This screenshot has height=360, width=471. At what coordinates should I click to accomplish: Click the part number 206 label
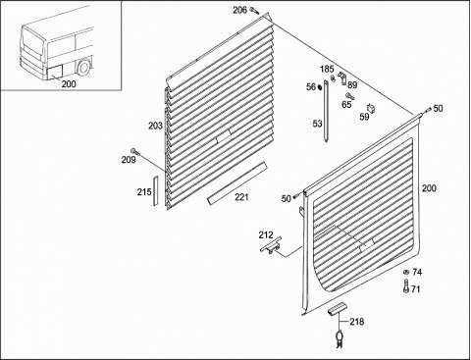click(x=239, y=10)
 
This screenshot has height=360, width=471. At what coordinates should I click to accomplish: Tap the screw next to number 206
click(x=254, y=11)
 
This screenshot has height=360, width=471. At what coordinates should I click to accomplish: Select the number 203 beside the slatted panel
click(x=155, y=126)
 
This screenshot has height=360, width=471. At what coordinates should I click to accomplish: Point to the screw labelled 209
click(x=134, y=151)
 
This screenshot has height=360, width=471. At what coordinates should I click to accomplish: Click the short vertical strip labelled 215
click(x=156, y=191)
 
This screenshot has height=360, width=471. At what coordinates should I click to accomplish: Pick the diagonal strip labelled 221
click(x=236, y=182)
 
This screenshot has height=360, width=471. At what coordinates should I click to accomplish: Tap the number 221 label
click(x=241, y=197)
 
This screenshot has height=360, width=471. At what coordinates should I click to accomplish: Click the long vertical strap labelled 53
click(x=326, y=110)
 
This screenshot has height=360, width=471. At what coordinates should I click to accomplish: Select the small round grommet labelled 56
click(x=320, y=87)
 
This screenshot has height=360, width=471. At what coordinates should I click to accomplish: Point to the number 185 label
click(x=327, y=69)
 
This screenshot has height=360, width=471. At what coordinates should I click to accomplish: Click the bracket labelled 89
click(x=342, y=77)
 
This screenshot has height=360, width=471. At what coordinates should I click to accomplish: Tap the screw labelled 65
click(x=350, y=96)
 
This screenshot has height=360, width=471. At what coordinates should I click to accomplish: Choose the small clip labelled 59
click(x=371, y=108)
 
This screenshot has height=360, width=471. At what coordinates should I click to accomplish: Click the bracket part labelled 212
click(x=271, y=245)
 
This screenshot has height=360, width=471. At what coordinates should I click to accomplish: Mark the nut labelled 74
click(x=406, y=272)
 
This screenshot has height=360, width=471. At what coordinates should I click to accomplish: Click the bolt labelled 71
click(x=406, y=285)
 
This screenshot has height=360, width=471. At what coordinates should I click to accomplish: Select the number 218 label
click(x=356, y=322)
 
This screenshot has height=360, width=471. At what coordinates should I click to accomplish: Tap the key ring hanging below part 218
click(x=340, y=338)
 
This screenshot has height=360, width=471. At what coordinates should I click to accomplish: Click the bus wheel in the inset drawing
click(x=83, y=67)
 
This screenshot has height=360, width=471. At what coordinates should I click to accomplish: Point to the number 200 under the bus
click(x=69, y=84)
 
